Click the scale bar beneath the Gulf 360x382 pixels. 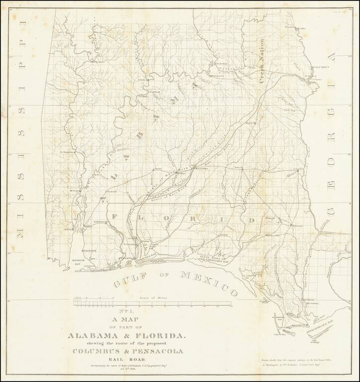pyautogui.click(x=152, y=302)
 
